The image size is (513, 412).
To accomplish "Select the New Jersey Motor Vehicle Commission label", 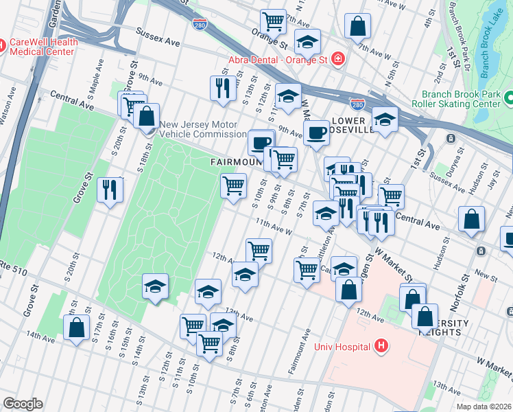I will pyautogui.click(x=203, y=129).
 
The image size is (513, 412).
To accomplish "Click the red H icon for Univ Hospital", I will pyautogui.click(x=381, y=346).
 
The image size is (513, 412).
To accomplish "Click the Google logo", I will pyautogui.click(x=23, y=404).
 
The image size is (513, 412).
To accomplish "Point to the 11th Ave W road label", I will pyautogui.click(x=274, y=227).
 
